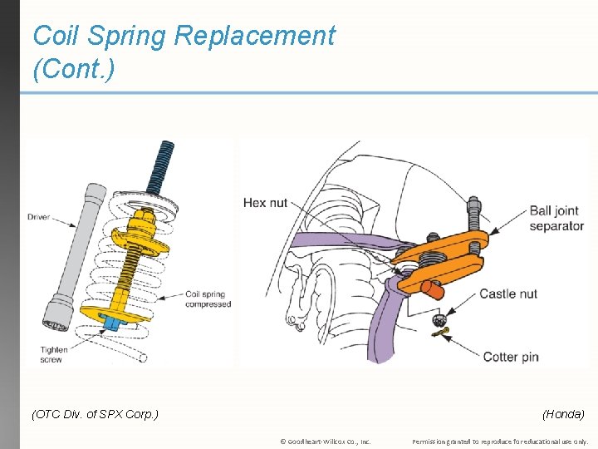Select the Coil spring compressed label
click(208, 299)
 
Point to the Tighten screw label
click(53, 355)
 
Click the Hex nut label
click(265, 203)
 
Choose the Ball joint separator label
click(556, 218)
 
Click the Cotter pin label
click(510, 357)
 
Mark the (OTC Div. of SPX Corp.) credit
click(94, 413)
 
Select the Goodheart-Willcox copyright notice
click(326, 441)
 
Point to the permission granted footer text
click(500, 441)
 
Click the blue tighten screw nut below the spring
click(110, 321)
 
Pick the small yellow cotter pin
click(441, 334)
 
